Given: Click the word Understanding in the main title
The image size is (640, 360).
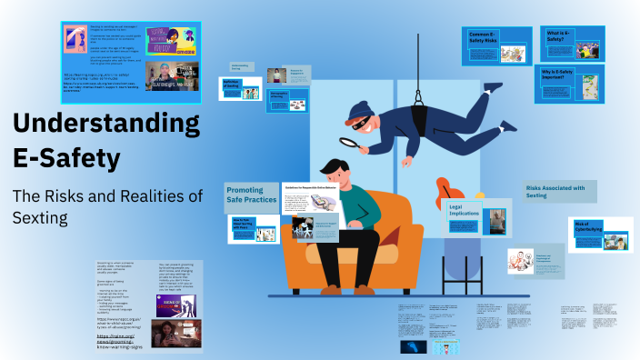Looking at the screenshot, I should point(106,125).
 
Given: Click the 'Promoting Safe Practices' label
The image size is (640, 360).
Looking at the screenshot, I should point(250,195).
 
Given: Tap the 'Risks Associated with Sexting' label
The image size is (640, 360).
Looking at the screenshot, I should point(561,191).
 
